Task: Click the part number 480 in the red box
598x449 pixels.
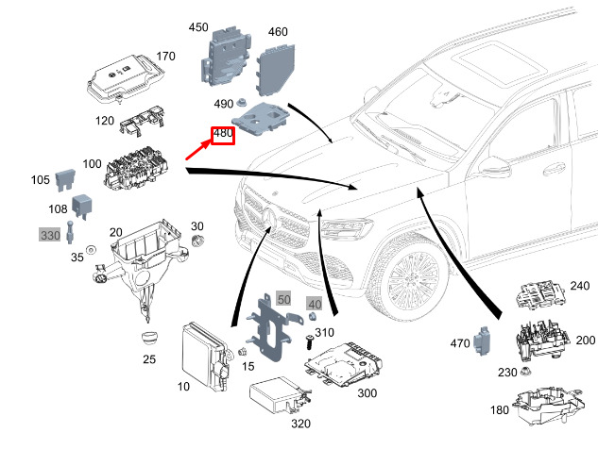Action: point(223,135)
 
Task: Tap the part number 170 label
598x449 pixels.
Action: point(165,57)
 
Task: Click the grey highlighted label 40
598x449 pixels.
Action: point(315,304)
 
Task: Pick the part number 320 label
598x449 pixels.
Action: point(300,424)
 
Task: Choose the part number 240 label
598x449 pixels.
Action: point(579,285)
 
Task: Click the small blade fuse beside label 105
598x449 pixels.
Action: point(66,177)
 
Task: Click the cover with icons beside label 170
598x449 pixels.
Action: point(120,79)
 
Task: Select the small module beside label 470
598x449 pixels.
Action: point(487,339)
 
